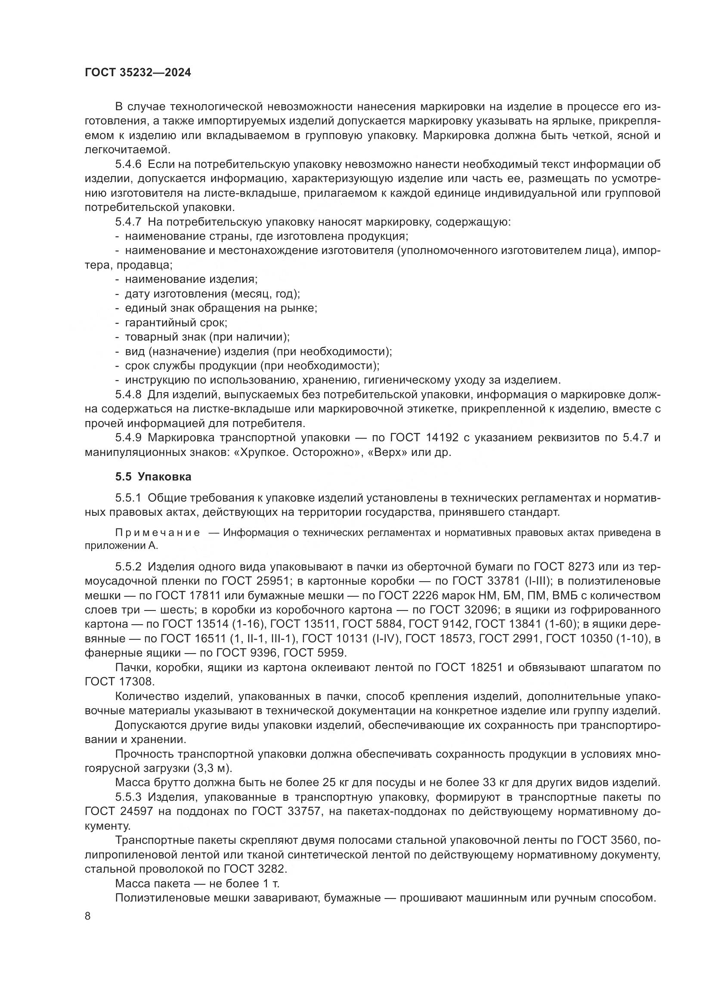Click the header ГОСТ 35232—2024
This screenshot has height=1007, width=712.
pyautogui.click(x=138, y=73)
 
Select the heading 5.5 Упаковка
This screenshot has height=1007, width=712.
pyautogui.click(x=153, y=476)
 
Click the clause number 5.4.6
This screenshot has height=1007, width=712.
pyautogui.click(x=128, y=164)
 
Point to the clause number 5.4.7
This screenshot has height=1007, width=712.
pyautogui.click(x=128, y=222)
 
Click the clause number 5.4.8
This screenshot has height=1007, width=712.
pyautogui.click(x=128, y=394)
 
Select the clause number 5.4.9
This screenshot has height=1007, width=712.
pyautogui.click(x=128, y=437)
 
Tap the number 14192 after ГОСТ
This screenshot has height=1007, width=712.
pyautogui.click(x=443, y=437)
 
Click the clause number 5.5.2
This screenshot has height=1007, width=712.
pyautogui.click(x=128, y=567)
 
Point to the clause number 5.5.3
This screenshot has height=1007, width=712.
pyautogui.click(x=128, y=796)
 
